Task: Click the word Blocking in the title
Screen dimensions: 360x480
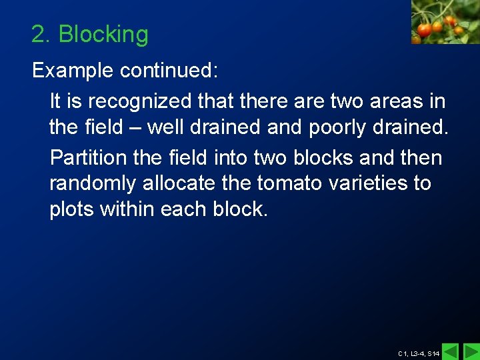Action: [103, 35]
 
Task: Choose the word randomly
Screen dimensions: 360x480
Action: [93, 183]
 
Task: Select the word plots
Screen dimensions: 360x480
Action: [71, 209]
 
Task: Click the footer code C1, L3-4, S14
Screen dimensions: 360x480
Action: [418, 353]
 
